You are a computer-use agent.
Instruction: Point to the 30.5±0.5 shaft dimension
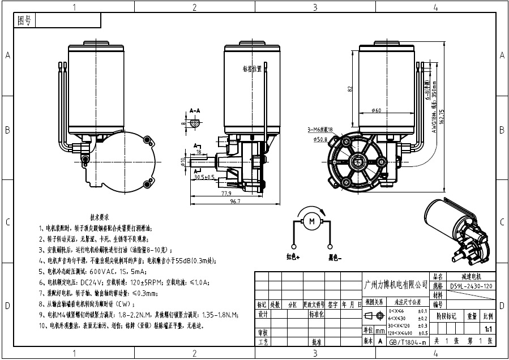tap(203, 177)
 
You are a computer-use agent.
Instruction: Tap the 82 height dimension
tap(350, 89)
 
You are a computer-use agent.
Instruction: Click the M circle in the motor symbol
tap(310, 222)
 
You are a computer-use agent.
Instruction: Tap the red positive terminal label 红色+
tap(293, 258)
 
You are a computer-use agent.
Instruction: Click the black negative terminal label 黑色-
tap(335, 258)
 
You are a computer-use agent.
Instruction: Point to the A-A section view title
tap(195, 110)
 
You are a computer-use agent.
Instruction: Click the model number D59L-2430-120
tap(472, 286)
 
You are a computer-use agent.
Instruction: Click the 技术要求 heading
tap(100, 217)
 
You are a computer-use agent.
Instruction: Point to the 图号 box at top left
tap(25, 21)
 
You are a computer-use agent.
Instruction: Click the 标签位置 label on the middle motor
tap(252, 69)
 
